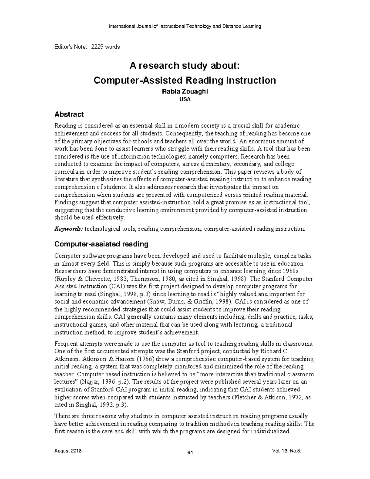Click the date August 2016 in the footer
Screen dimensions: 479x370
(68, 451)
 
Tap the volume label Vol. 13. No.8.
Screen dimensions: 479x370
(285, 451)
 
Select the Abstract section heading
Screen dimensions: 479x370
(69, 114)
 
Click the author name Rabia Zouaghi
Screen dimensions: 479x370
(185, 92)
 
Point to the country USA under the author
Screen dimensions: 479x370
(185, 99)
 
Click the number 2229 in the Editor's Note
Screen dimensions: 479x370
(97, 47)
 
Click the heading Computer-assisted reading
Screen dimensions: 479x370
(101, 244)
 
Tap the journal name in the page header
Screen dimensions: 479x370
(185, 26)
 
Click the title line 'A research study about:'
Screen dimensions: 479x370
(184, 65)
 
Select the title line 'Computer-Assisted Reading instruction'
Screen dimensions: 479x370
(184, 81)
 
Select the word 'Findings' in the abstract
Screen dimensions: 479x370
(65, 203)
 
